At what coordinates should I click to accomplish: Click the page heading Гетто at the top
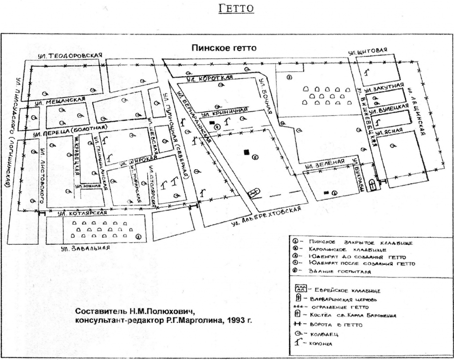click(237, 8)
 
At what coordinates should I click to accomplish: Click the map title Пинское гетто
click(224, 48)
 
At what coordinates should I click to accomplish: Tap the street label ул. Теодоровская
click(70, 56)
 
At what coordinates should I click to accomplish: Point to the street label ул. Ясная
click(389, 130)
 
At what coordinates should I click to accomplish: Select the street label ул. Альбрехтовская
click(269, 215)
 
